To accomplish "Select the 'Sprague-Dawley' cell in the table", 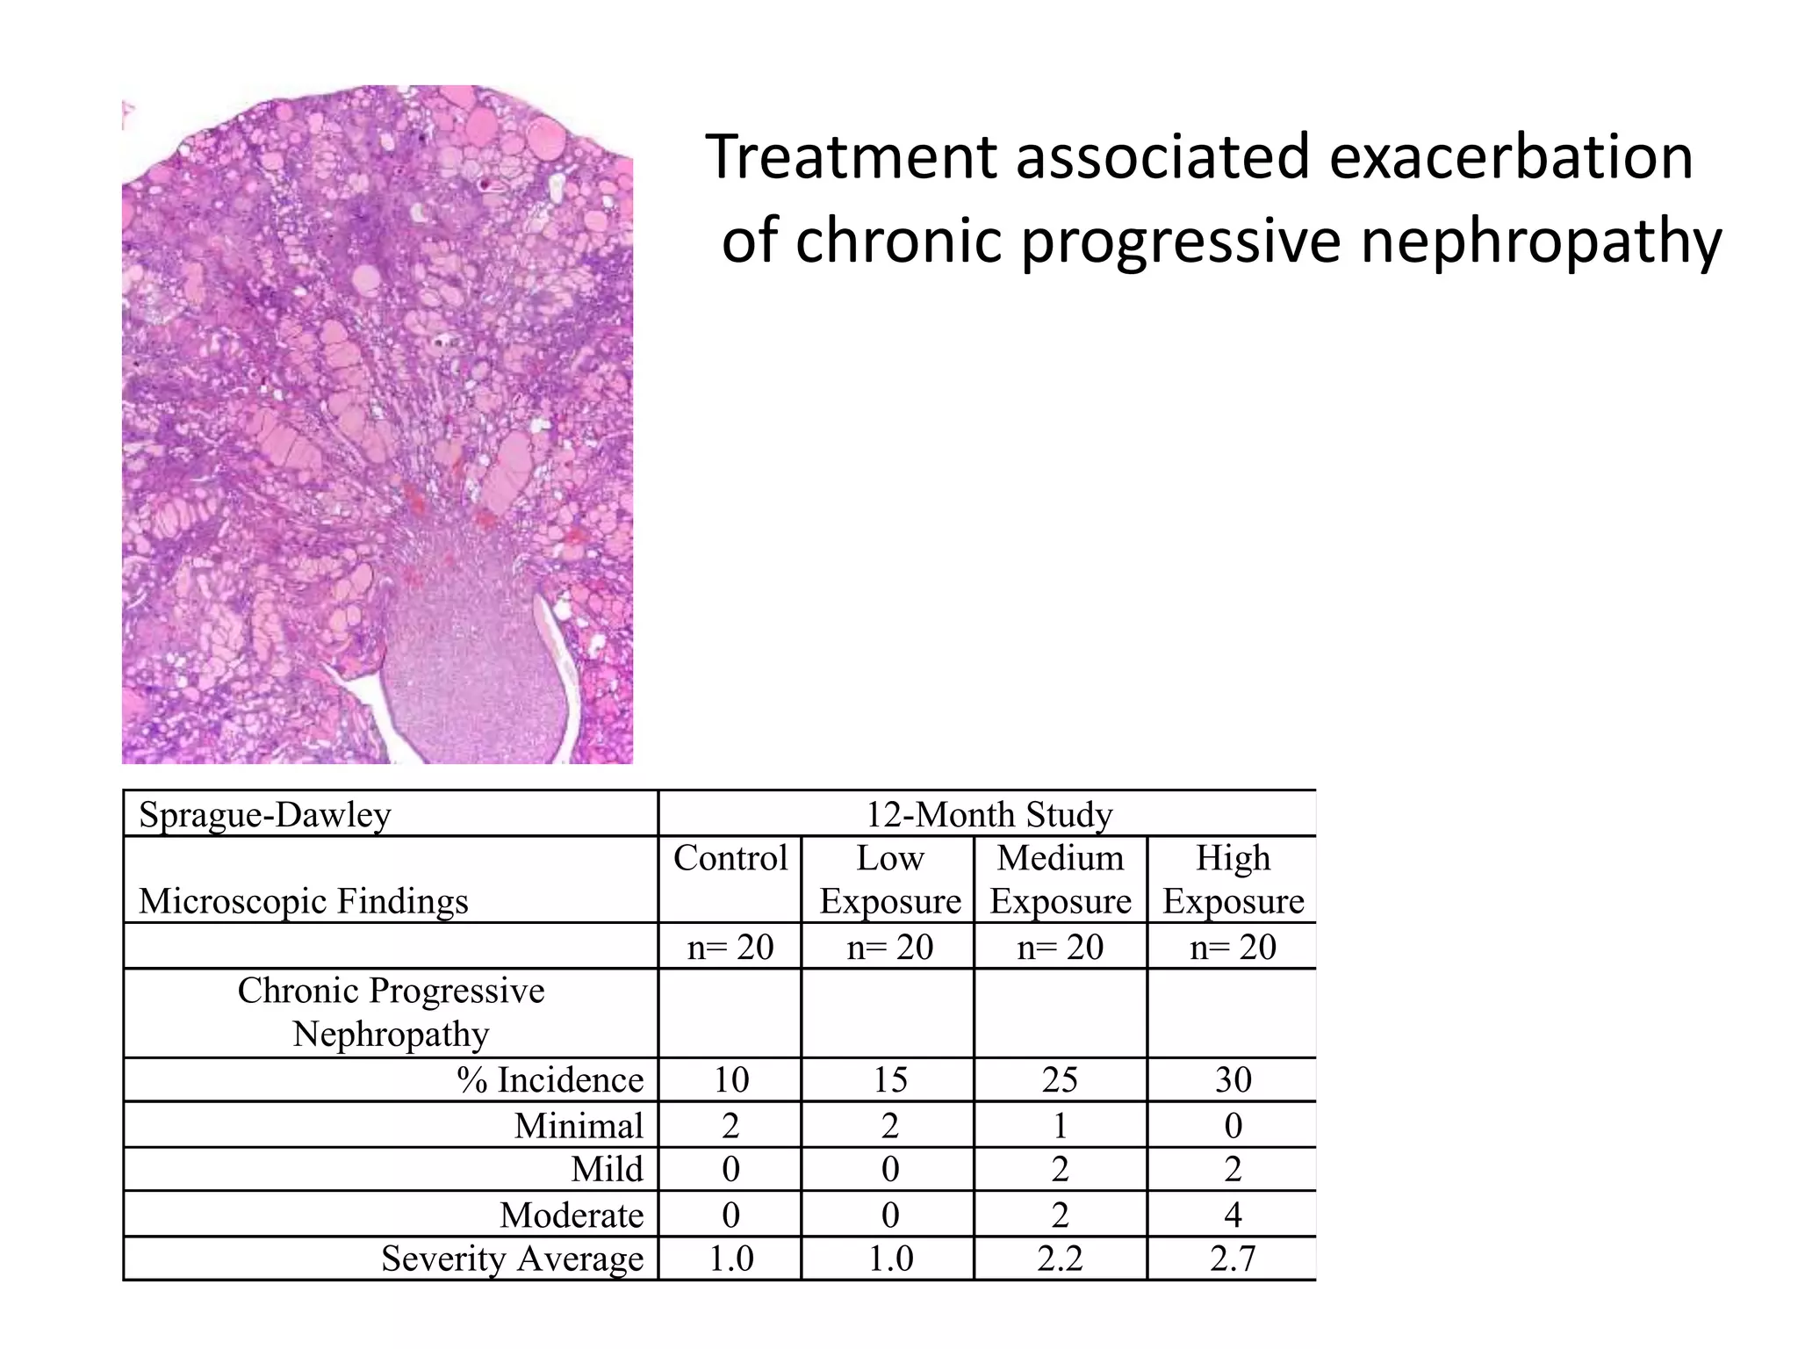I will (x=265, y=814).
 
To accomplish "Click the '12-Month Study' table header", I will (x=989, y=814).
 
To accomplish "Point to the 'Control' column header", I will (x=730, y=858).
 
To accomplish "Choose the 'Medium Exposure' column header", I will (x=1061, y=879).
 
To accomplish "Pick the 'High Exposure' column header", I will (x=1233, y=879).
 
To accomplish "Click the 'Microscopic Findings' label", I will (x=304, y=901).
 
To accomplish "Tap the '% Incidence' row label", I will (x=550, y=1079).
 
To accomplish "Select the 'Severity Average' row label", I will (x=513, y=1259).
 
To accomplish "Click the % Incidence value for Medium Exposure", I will (x=1061, y=1079).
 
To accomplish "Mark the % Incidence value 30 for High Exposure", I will (x=1233, y=1079).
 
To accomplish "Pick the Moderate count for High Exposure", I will (x=1233, y=1215).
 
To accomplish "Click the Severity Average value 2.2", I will (x=1061, y=1259).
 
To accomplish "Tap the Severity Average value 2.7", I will (x=1233, y=1259).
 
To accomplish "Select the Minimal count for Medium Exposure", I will (x=1061, y=1125).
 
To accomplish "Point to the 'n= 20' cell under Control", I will (x=730, y=947).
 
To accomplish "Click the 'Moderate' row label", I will (x=572, y=1215).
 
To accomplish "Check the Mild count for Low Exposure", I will (x=890, y=1169).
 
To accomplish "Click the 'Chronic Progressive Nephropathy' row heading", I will (x=391, y=1012).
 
